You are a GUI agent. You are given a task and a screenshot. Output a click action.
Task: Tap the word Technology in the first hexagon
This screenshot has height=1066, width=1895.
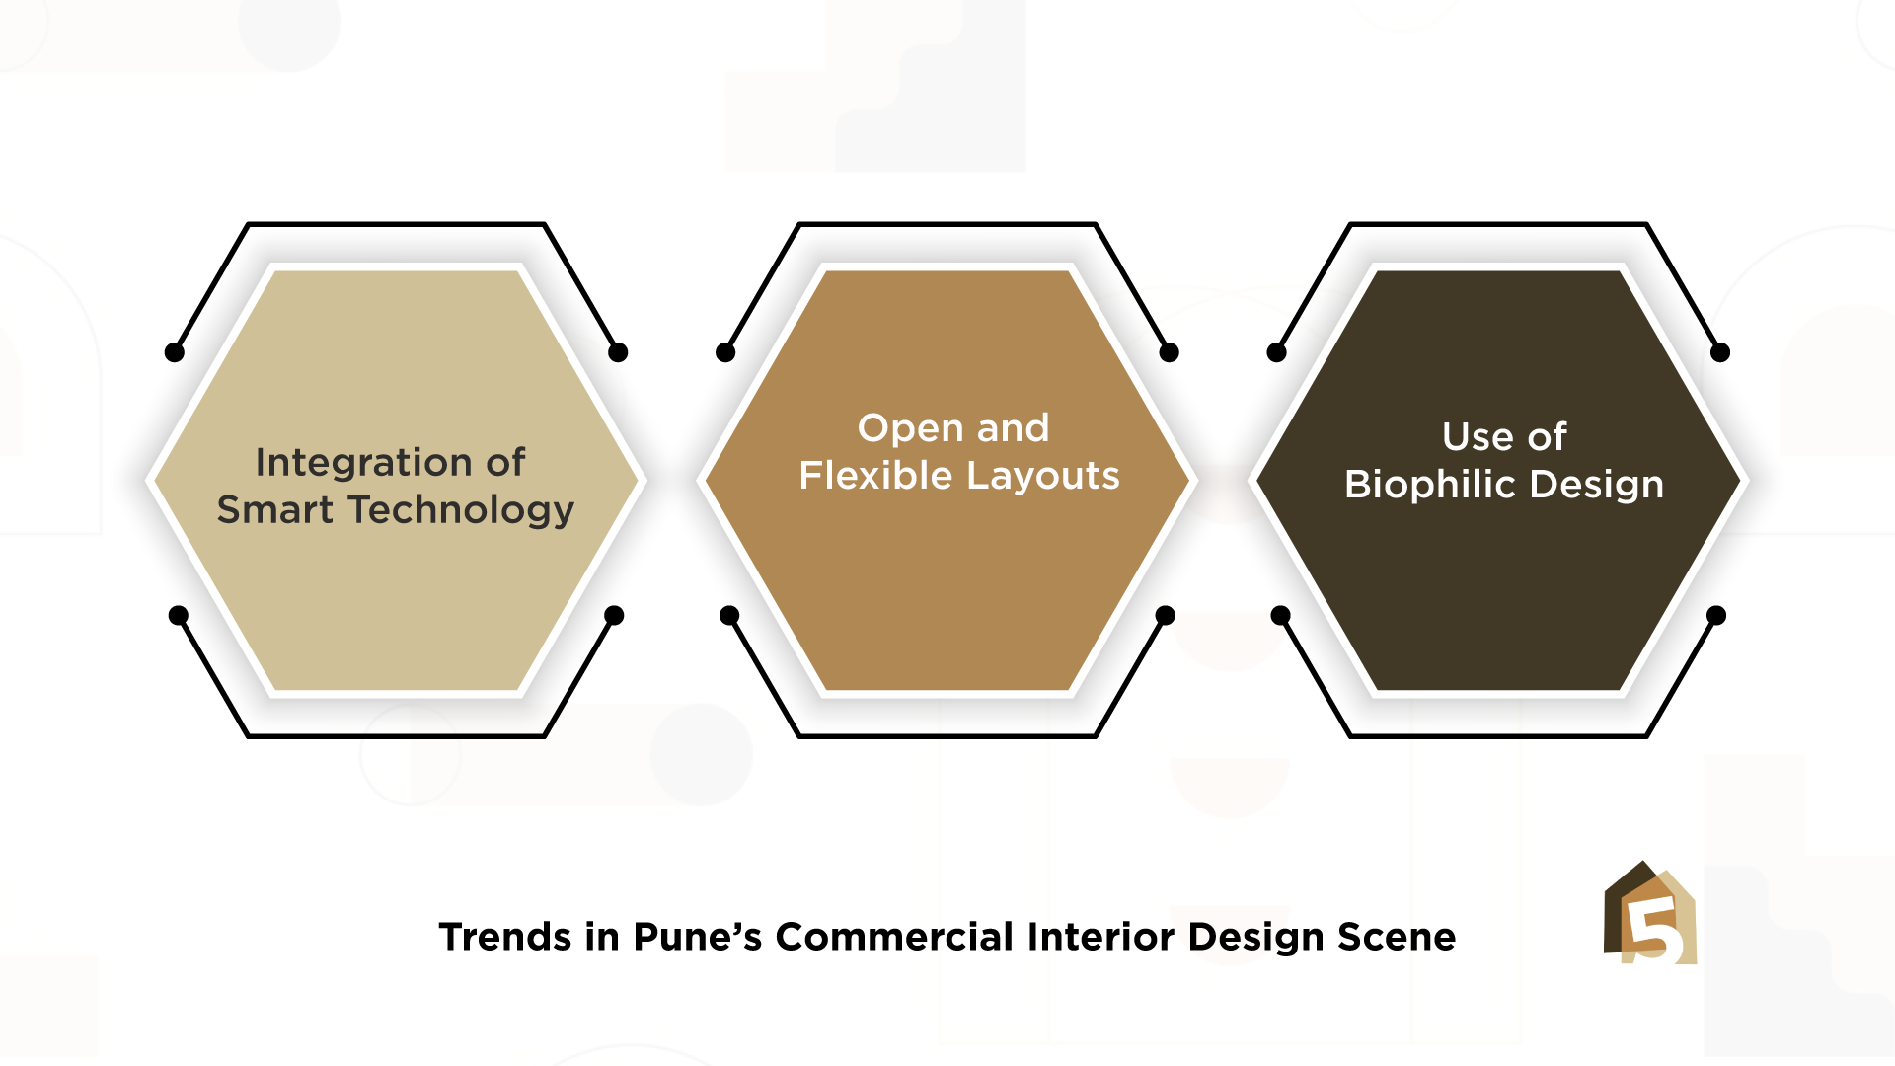click(x=461, y=510)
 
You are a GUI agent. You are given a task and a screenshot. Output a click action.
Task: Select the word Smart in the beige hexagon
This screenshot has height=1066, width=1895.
click(x=275, y=509)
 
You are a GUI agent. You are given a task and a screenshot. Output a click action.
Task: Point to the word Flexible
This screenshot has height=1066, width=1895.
click(x=875, y=475)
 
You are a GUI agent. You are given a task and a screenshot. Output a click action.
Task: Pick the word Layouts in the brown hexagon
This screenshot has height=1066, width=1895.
click(x=1042, y=477)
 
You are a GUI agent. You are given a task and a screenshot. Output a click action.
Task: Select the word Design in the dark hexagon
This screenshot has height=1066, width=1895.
click(x=1597, y=486)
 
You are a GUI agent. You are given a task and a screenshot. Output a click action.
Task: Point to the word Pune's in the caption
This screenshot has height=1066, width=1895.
click(x=697, y=937)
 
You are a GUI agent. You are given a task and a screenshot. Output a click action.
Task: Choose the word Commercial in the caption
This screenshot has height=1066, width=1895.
click(x=894, y=937)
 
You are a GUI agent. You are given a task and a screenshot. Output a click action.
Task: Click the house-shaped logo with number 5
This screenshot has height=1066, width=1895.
click(x=1650, y=913)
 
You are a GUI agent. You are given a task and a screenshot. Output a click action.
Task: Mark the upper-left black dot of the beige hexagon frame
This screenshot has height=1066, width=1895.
click(x=175, y=352)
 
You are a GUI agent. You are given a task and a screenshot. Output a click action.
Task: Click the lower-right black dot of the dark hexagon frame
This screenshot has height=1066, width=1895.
click(x=1716, y=615)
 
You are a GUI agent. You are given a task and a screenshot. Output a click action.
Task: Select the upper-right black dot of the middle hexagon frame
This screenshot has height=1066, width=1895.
click(x=1170, y=352)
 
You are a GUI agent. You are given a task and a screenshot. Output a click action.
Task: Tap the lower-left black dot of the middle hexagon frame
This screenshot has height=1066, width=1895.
click(x=729, y=615)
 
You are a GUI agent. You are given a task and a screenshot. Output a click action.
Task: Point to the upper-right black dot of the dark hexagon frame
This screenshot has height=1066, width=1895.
click(x=1720, y=352)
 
